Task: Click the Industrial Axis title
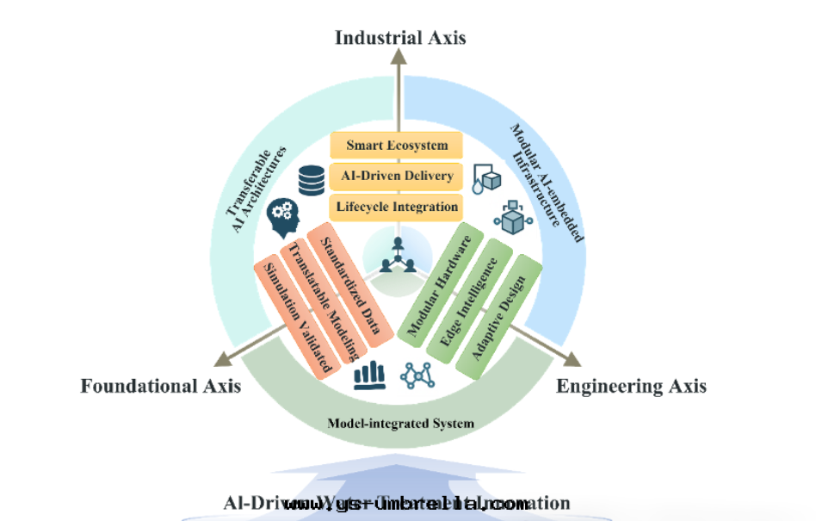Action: click(x=399, y=37)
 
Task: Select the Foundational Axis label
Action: click(x=160, y=386)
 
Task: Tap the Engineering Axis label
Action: click(x=631, y=386)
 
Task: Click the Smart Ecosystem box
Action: click(x=397, y=145)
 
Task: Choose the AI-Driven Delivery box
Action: click(x=397, y=176)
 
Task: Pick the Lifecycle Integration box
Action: click(x=397, y=207)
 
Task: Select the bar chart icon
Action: click(x=368, y=375)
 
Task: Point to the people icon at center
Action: click(x=397, y=255)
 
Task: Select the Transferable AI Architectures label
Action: click(x=256, y=191)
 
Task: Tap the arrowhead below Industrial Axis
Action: click(x=399, y=56)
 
